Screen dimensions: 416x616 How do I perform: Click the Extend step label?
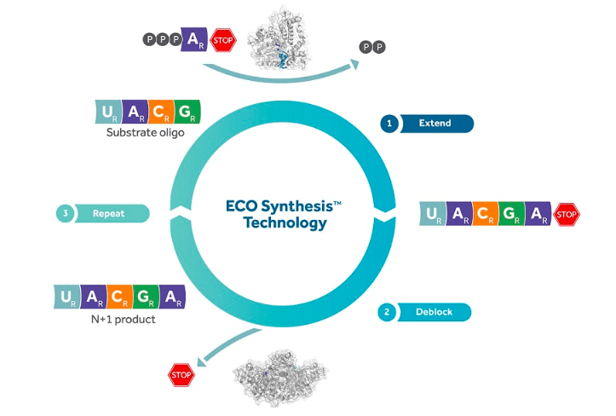pyautogui.click(x=435, y=124)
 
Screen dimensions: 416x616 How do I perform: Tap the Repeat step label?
pyautogui.click(x=108, y=213)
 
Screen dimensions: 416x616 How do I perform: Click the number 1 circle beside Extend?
pyautogui.click(x=389, y=124)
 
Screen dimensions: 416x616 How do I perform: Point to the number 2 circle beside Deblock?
pyautogui.click(x=387, y=312)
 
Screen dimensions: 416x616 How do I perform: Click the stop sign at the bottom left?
pyautogui.click(x=181, y=374)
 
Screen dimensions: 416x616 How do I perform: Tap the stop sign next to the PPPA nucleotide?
pyautogui.click(x=222, y=39)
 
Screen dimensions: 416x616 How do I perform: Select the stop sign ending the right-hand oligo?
pyautogui.click(x=567, y=215)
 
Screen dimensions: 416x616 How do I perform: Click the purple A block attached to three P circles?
pyautogui.click(x=195, y=39)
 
